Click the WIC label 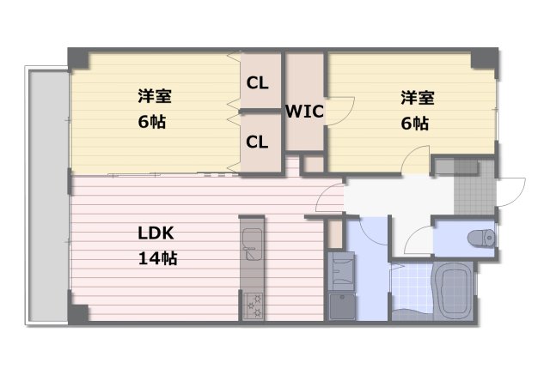[x=304, y=111]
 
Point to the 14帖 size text [x=157, y=257]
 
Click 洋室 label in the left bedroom [x=152, y=95]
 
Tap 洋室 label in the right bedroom [x=416, y=97]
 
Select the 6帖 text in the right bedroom [x=415, y=123]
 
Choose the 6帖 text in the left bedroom [x=152, y=121]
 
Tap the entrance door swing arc [x=512, y=191]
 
